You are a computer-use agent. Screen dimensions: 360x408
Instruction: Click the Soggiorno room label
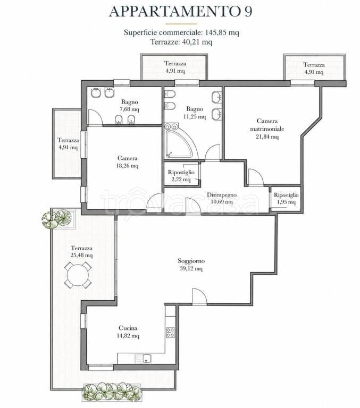pyautogui.click(x=191, y=260)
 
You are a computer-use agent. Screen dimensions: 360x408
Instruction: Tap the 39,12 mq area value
pyautogui.click(x=191, y=268)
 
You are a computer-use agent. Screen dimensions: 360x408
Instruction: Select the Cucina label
pyautogui.click(x=128, y=328)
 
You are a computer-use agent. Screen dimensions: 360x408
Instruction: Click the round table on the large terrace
pyautogui.click(x=78, y=275)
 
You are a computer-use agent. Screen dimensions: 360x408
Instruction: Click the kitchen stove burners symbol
pyautogui.click(x=170, y=333)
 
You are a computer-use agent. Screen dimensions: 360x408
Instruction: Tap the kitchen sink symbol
pyautogui.click(x=143, y=359)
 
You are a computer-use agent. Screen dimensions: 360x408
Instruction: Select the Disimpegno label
pyautogui.click(x=222, y=194)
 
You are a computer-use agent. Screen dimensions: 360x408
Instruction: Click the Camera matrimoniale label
pyautogui.click(x=267, y=125)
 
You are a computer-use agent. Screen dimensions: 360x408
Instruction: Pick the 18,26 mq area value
pyautogui.click(x=128, y=166)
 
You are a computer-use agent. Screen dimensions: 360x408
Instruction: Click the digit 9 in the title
pyautogui.click(x=248, y=12)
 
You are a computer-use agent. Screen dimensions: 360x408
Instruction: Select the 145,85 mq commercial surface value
pyautogui.click(x=222, y=32)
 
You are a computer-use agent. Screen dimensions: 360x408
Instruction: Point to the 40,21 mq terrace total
pyautogui.click(x=196, y=41)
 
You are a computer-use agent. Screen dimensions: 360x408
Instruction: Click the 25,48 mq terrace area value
pyautogui.click(x=81, y=255)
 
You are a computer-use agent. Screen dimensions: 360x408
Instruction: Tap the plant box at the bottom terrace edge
pyautogui.click(x=112, y=391)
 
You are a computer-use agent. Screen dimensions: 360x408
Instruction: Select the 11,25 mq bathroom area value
pyautogui.click(x=195, y=116)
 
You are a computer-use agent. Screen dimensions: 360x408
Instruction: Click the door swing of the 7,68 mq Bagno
pyautogui.click(x=95, y=116)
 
